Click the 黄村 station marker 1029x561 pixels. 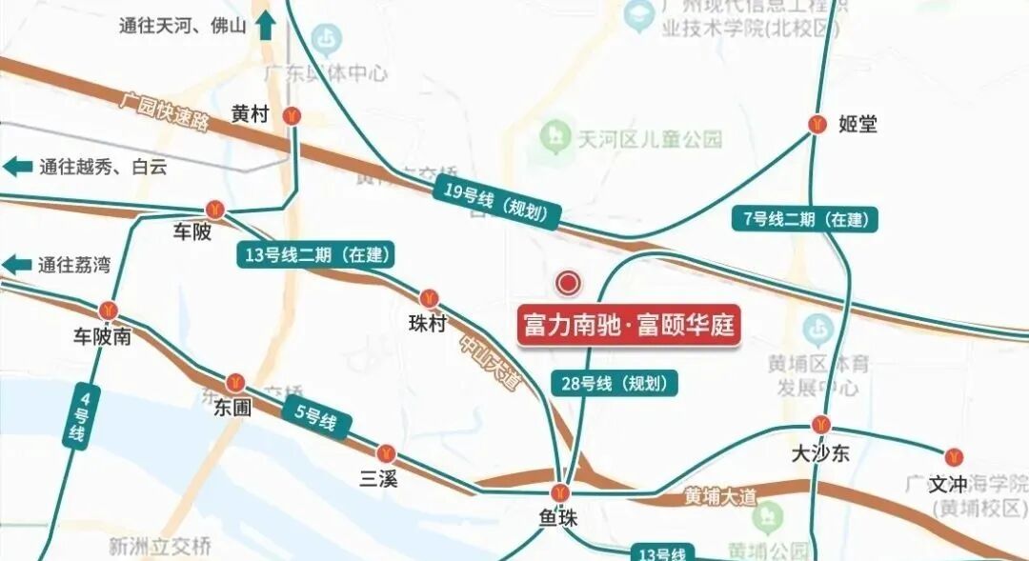[293, 114]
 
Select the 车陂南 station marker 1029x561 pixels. [109, 310]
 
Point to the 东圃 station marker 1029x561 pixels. [235, 383]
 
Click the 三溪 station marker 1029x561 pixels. [386, 453]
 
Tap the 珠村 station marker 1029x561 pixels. [430, 298]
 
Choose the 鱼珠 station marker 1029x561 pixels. [560, 493]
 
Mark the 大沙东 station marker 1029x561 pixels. [820, 425]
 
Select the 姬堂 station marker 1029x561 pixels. [817, 123]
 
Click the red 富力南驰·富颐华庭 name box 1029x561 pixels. [630, 325]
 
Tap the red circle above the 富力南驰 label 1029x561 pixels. [569, 282]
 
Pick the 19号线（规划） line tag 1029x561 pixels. [496, 202]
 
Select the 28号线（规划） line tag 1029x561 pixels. [615, 383]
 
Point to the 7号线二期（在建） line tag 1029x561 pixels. [806, 219]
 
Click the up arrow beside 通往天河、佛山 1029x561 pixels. [266, 25]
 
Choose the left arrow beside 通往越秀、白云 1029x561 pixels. [18, 167]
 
